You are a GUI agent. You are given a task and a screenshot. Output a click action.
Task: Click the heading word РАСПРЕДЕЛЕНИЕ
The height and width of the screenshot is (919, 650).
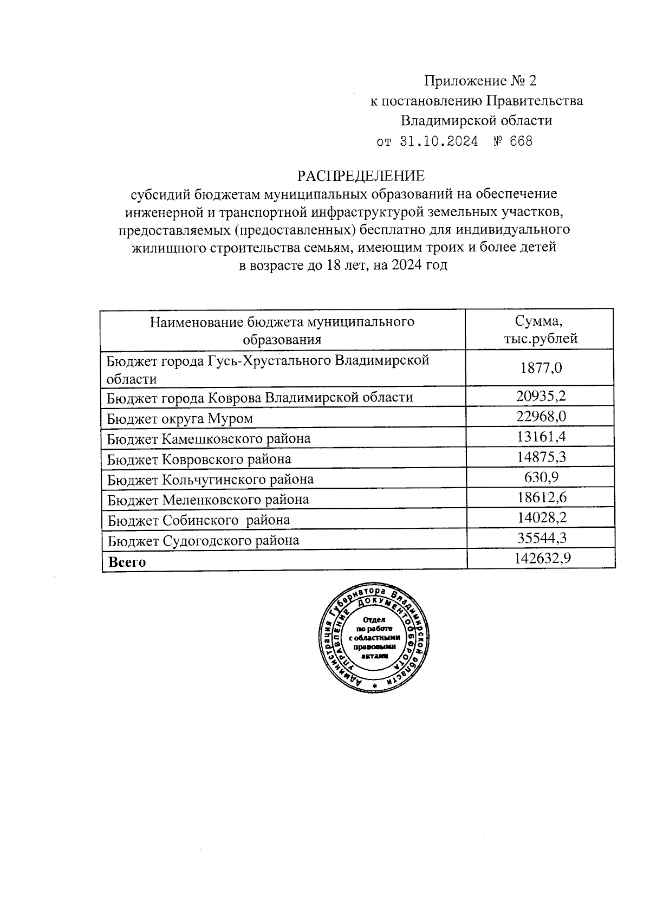pyautogui.click(x=360, y=176)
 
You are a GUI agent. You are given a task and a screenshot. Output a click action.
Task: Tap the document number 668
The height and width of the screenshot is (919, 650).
pyautogui.click(x=521, y=142)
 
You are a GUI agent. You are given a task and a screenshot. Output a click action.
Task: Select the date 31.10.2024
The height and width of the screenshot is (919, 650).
pyautogui.click(x=439, y=142)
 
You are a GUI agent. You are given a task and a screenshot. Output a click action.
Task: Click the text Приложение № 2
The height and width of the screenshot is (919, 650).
pyautogui.click(x=480, y=81)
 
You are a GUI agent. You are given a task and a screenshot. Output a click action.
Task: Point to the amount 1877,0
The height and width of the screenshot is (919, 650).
pyautogui.click(x=541, y=368)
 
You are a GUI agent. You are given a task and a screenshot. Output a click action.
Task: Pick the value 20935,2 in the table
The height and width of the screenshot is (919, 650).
pyautogui.click(x=541, y=397)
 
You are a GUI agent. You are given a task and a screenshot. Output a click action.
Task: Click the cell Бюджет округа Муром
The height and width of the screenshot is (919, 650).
pyautogui.click(x=180, y=418)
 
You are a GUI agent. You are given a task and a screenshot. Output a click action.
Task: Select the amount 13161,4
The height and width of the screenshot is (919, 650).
pyautogui.click(x=541, y=437)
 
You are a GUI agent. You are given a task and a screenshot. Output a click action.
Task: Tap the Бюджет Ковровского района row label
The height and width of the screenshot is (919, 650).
pyautogui.click(x=199, y=459)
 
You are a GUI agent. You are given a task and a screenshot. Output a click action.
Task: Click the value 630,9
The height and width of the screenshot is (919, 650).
pyautogui.click(x=541, y=477)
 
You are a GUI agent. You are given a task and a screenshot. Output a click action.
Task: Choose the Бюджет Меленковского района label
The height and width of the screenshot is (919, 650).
pyautogui.click(x=208, y=499)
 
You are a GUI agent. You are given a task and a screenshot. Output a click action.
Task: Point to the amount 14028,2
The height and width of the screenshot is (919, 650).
pyautogui.click(x=541, y=518)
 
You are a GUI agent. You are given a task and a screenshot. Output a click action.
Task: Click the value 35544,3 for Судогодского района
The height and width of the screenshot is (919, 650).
pyautogui.click(x=541, y=538)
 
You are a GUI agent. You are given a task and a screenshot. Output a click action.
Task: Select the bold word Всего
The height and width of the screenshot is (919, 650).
pyautogui.click(x=127, y=562)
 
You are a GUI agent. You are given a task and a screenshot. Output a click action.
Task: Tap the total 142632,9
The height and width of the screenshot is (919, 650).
pyautogui.click(x=541, y=559)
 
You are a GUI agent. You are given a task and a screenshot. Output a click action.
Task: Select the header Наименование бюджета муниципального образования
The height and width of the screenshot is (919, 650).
pyautogui.click(x=282, y=331)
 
